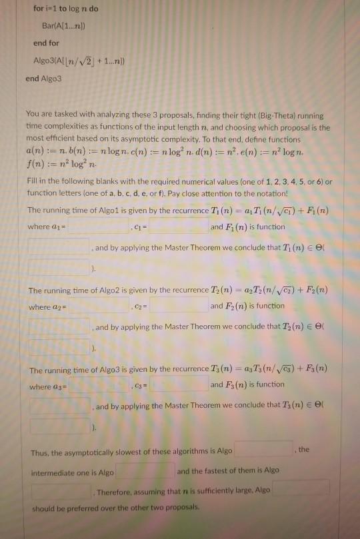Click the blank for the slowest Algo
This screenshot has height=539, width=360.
pos(264,450)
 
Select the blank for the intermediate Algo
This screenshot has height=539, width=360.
pos(145,471)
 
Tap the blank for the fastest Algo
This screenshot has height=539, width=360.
pos(60,492)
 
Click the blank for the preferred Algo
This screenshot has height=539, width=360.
pos(300,488)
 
